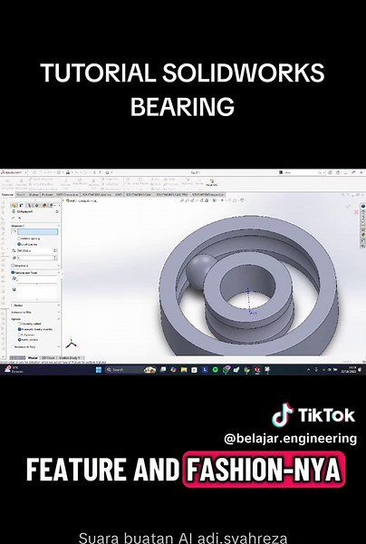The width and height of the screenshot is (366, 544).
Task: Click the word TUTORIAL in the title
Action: (x=97, y=73)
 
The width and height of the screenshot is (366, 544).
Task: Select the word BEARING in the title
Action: (x=182, y=106)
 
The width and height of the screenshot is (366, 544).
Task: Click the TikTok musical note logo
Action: (x=283, y=416)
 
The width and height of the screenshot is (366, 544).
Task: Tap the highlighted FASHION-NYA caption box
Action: (x=265, y=471)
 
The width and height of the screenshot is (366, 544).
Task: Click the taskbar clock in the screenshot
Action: (x=352, y=369)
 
